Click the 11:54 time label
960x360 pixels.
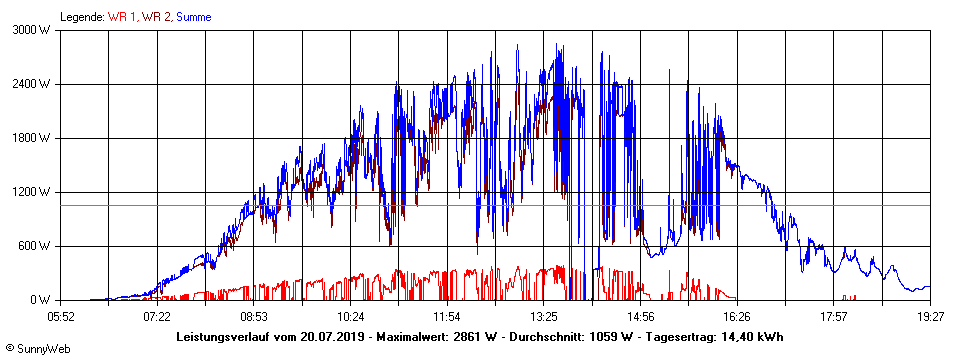pos(447,316)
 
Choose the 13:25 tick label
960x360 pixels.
pos(544,316)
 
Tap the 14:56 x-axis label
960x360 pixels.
pos(641,316)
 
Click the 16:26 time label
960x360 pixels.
pos(737,316)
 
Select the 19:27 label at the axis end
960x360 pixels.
pos(931,316)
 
